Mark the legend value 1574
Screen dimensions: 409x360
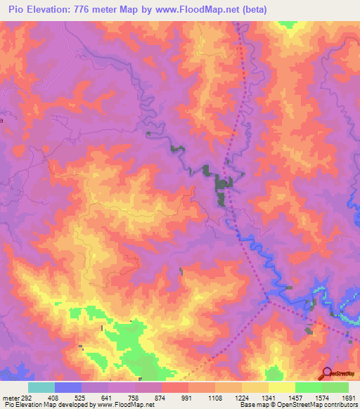click(323, 398)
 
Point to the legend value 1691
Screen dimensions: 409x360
click(349, 398)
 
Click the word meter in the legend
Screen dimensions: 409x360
click(9, 398)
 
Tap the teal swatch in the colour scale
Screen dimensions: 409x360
click(41, 387)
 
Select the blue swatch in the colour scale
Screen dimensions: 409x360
click(68, 387)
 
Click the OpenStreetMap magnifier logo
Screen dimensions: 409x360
click(326, 374)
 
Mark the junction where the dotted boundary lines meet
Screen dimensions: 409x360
click(269, 304)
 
